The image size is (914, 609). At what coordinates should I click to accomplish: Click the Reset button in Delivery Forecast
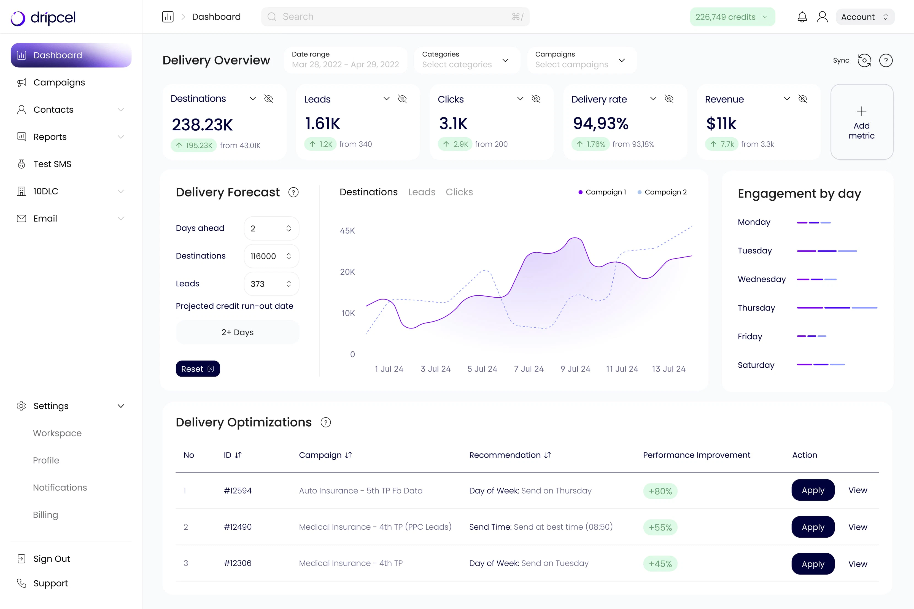198,369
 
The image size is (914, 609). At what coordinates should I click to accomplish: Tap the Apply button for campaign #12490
813,527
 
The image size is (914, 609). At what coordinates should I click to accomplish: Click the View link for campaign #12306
857,564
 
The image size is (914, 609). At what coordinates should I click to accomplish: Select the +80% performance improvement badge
660,491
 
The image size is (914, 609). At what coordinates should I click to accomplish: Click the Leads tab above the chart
421,192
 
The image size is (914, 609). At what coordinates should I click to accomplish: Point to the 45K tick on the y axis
347,231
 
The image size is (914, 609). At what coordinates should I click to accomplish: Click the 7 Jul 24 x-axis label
529,369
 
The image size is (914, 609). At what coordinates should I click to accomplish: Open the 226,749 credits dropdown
732,17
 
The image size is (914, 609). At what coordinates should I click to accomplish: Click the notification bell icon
802,17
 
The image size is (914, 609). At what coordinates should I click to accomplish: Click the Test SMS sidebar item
52,164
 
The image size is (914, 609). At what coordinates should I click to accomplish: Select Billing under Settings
45,515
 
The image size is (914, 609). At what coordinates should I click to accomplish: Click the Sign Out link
51,559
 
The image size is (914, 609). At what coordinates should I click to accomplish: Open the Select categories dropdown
466,60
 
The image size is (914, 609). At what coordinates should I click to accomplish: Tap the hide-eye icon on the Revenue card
803,99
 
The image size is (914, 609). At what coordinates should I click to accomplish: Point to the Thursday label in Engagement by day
756,308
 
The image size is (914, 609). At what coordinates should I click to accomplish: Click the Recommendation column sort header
509,455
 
